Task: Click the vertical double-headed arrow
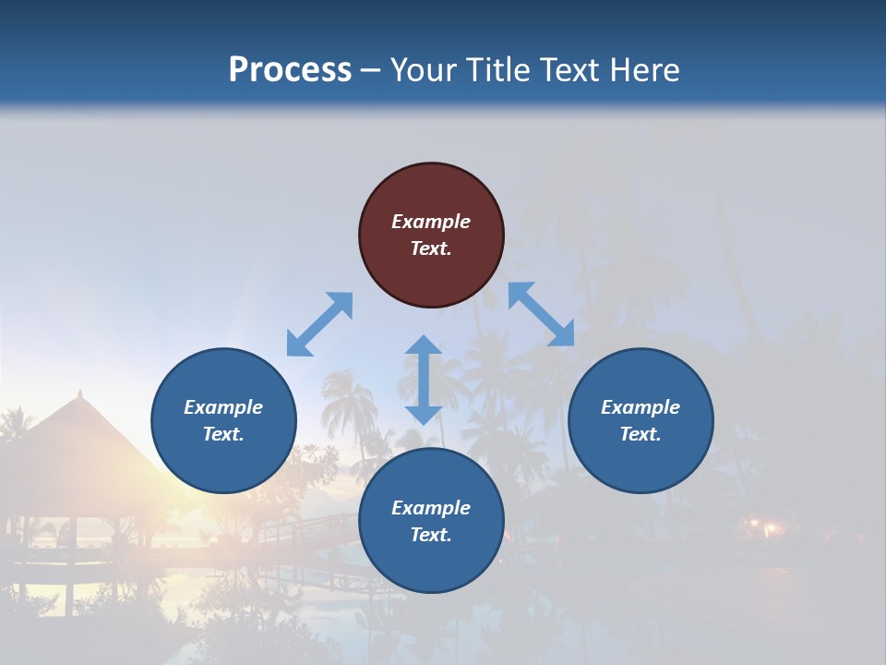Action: click(424, 380)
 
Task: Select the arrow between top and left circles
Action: click(319, 324)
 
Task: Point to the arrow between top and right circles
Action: click(541, 314)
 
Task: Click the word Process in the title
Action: click(290, 69)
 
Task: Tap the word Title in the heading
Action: click(505, 69)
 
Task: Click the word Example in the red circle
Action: click(431, 222)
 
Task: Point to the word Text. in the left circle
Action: click(223, 434)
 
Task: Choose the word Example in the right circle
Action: click(641, 407)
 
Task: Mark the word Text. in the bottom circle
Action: click(431, 535)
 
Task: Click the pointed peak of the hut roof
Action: click(80, 393)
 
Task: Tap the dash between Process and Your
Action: click(371, 70)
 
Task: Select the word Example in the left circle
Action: click(223, 407)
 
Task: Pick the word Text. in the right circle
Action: click(641, 434)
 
